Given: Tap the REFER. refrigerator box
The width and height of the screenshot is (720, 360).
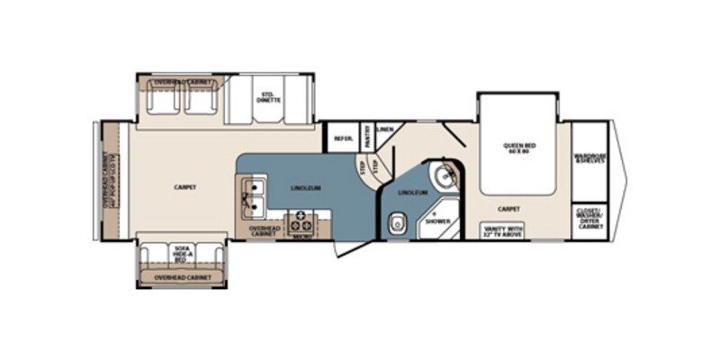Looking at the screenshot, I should coord(343,138).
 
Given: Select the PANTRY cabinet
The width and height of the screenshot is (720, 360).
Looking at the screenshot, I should coord(367,136).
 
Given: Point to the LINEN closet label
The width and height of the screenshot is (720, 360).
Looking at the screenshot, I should coord(384,130).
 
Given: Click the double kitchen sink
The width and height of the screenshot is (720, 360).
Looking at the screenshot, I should coord(252,197).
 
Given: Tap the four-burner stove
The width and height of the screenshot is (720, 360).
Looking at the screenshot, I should coord(301,221).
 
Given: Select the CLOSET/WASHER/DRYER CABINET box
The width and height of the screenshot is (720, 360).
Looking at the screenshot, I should coord(590,220).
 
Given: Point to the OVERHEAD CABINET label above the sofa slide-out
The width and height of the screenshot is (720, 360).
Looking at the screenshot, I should coord(183,278).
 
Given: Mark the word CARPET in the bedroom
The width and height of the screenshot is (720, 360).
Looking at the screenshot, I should coord(508,208).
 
